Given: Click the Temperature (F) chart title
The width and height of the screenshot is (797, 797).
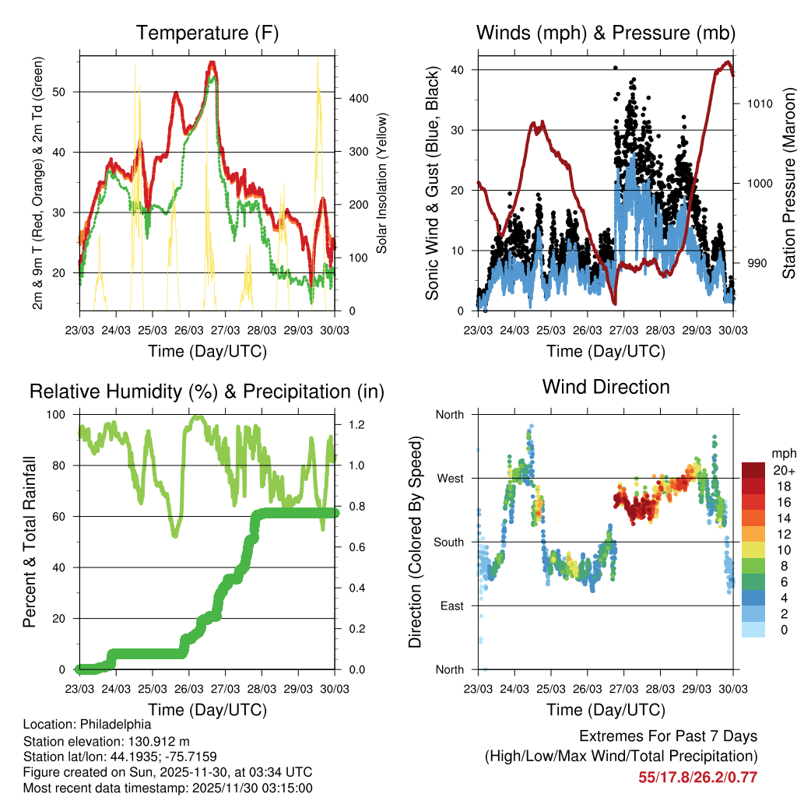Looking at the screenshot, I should tap(207, 33).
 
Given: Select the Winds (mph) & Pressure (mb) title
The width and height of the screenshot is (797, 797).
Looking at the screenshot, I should tap(606, 33).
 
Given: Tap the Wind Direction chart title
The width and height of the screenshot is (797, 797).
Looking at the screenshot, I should tap(606, 386).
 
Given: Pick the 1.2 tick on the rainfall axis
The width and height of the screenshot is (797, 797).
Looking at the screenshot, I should tap(356, 426).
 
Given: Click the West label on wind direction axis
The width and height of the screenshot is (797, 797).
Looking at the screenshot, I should tap(449, 479).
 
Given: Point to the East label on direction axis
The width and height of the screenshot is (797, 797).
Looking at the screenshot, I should tap(450, 606).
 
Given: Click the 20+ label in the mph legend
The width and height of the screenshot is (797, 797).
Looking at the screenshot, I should tap(784, 470).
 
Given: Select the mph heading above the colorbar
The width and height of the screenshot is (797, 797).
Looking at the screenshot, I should tap(783, 453).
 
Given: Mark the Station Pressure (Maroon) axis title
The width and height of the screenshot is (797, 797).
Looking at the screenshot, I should tap(788, 195).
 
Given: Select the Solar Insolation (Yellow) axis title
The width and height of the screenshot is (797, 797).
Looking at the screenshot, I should tap(382, 184).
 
